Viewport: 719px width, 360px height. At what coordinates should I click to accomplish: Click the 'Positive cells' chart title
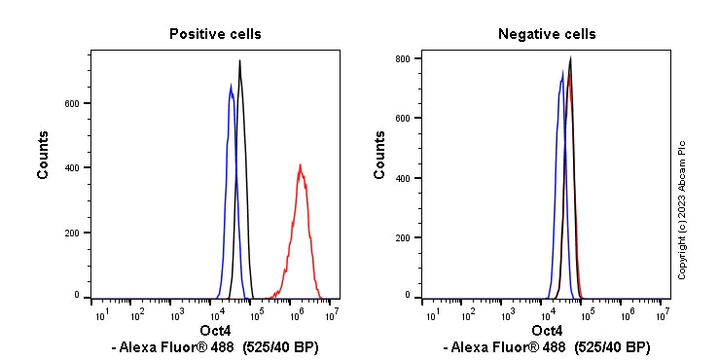[215, 34]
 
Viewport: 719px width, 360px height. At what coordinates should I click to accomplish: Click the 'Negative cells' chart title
[547, 34]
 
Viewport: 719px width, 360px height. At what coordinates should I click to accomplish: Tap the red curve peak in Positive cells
[301, 165]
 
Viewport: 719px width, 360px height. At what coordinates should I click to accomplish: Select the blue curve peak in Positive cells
[231, 87]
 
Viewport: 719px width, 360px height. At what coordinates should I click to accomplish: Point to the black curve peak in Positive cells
[239, 61]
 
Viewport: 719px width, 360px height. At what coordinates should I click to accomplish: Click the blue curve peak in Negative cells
[562, 71]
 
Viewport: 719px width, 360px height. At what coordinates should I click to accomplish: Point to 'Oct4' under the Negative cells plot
[547, 332]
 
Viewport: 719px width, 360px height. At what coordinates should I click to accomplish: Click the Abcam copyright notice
[682, 209]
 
